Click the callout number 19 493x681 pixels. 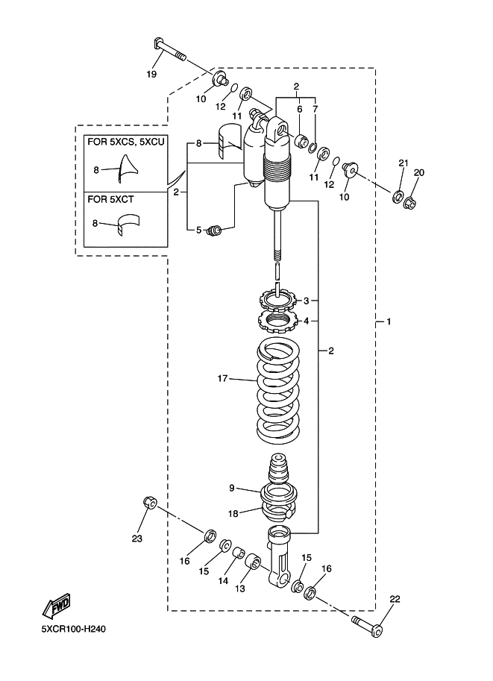pos(151,75)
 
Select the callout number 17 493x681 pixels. pos(222,379)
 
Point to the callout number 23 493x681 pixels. pos(136,538)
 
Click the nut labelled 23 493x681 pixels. pos(148,503)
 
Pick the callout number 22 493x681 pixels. pos(395,599)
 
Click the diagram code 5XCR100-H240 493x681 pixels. pos(74,630)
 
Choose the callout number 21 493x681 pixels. pos(403,163)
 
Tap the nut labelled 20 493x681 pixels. pos(409,201)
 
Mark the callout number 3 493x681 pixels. pos(305,301)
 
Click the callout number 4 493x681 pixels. pos(305,321)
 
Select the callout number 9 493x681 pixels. pos(232,488)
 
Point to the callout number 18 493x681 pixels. pos(232,513)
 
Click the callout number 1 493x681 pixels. pos(389,321)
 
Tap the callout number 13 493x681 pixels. pos(239,589)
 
